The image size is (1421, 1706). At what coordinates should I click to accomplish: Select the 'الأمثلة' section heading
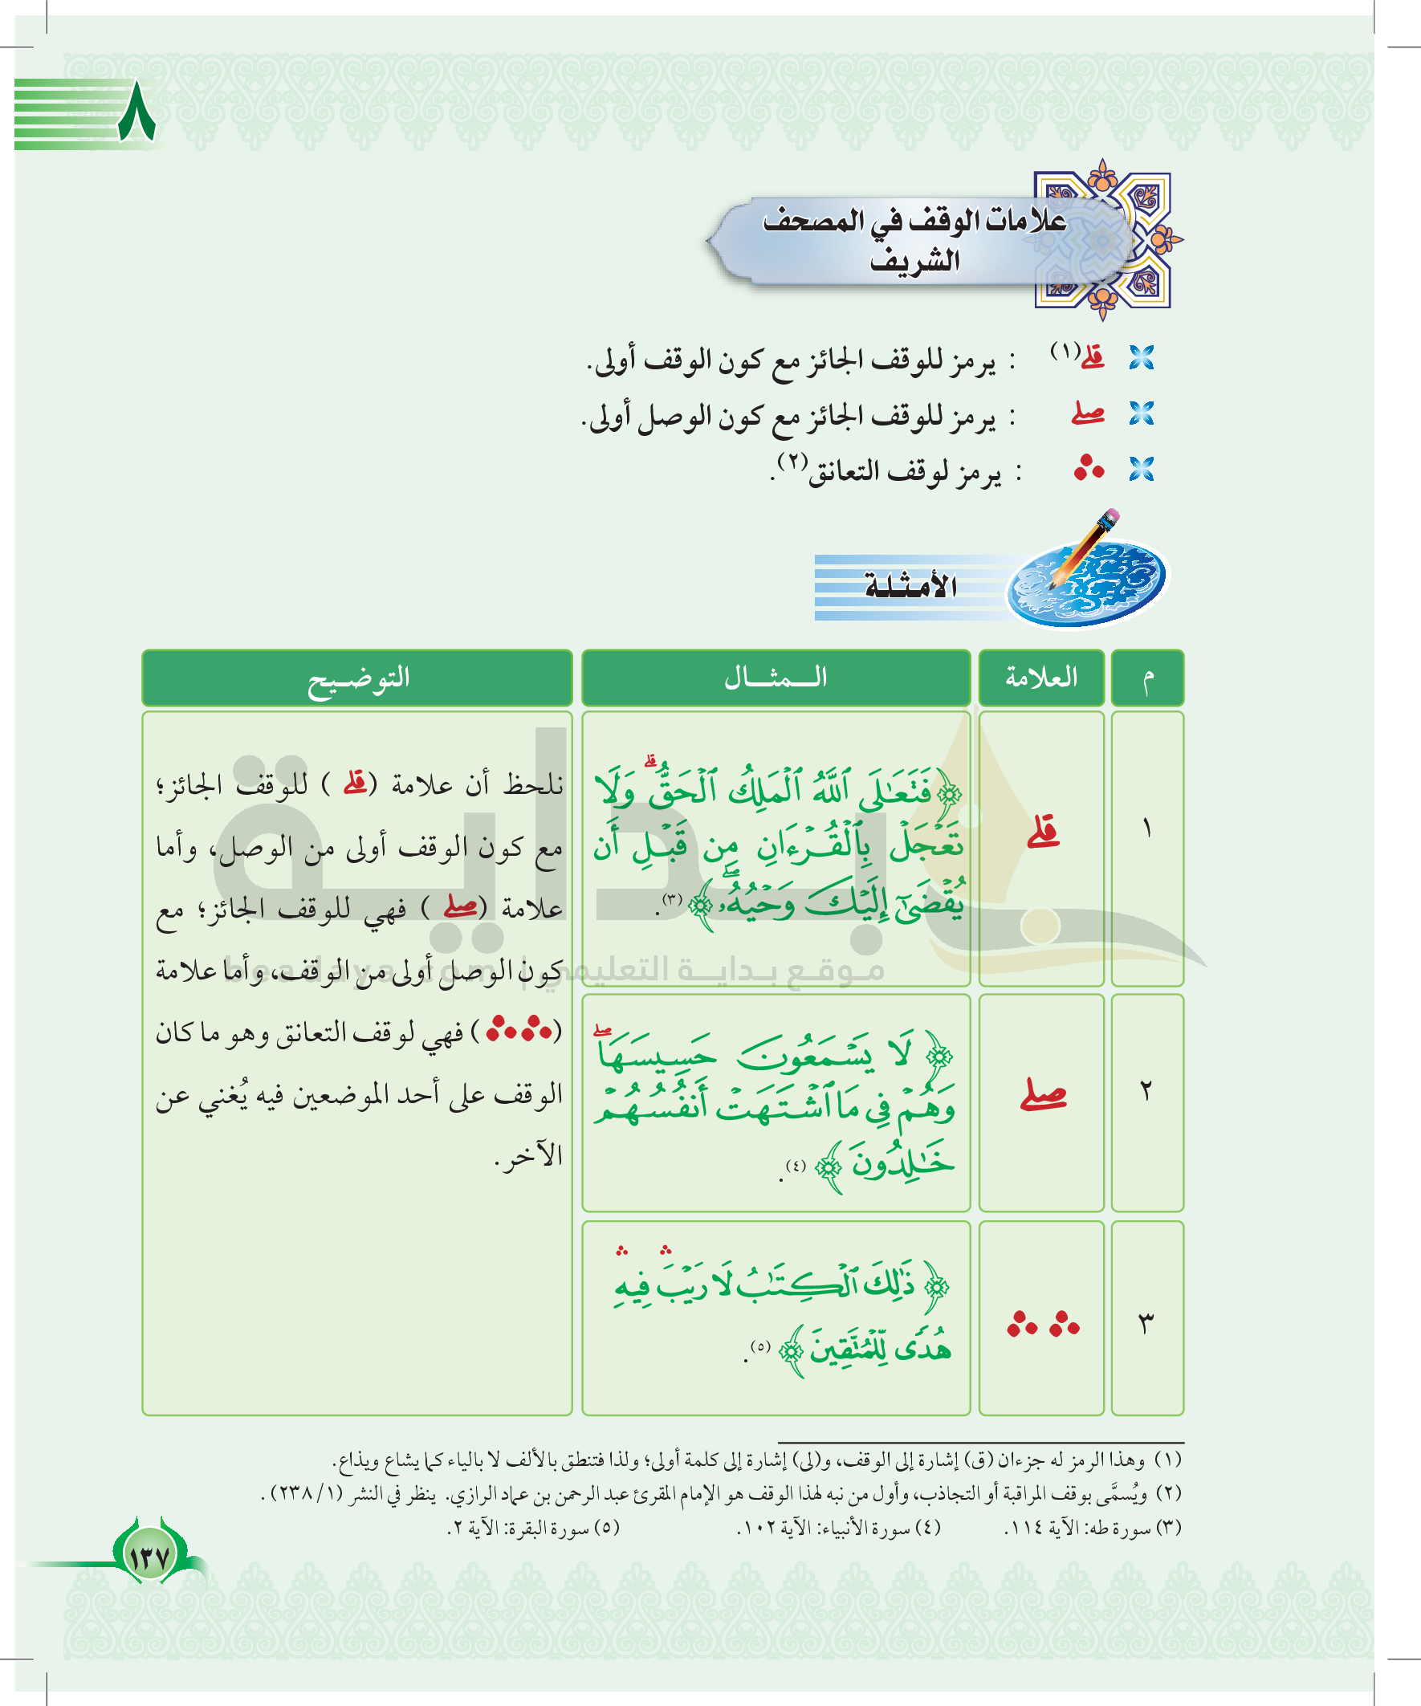[x=910, y=586]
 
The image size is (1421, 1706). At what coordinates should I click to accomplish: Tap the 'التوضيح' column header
[x=357, y=678]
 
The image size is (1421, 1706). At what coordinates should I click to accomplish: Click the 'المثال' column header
[x=776, y=678]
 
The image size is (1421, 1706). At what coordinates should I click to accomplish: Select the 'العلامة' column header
[x=1040, y=678]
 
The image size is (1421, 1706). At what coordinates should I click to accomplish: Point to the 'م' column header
[x=1147, y=678]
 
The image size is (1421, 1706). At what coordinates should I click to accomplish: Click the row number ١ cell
[x=1147, y=829]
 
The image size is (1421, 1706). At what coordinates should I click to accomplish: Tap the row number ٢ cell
[x=1147, y=1091]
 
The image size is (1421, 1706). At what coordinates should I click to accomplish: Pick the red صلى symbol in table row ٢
[x=1043, y=1094]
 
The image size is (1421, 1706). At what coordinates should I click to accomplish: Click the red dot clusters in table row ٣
[x=1043, y=1324]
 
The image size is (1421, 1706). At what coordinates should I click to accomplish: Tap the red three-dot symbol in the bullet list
[x=1089, y=469]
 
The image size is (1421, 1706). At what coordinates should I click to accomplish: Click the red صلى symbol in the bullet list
[x=1088, y=413]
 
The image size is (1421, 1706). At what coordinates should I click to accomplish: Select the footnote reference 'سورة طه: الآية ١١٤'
[x=1093, y=1528]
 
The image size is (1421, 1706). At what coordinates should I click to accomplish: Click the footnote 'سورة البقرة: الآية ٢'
[x=534, y=1528]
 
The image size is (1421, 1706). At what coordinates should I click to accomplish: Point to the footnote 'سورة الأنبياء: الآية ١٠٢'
[x=838, y=1528]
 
